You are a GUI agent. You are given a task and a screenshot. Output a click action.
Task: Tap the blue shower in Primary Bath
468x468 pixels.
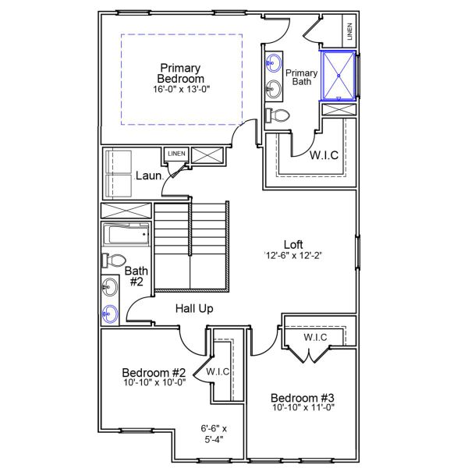click(x=338, y=76)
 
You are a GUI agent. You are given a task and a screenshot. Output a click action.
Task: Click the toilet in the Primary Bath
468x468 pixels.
click(x=278, y=115)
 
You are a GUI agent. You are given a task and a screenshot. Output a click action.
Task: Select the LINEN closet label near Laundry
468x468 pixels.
click(x=176, y=154)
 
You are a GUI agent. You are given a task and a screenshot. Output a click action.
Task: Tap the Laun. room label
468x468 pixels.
click(x=148, y=175)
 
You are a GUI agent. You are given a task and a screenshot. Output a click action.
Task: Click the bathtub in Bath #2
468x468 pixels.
click(x=126, y=235)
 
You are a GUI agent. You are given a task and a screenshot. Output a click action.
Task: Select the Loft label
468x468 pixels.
click(x=292, y=243)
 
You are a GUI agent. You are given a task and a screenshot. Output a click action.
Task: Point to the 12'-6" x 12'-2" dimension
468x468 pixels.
click(x=292, y=255)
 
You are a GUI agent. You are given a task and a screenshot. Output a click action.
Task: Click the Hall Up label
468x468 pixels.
click(x=194, y=309)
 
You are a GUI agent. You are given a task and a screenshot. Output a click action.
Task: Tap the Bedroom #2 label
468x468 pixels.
click(x=154, y=372)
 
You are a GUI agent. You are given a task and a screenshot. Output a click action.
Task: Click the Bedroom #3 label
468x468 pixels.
click(x=303, y=397)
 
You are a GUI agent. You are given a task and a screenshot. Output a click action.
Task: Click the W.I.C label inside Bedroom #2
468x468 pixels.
click(x=218, y=372)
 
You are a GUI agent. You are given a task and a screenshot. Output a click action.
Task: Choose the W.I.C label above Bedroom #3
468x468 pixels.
click(x=315, y=337)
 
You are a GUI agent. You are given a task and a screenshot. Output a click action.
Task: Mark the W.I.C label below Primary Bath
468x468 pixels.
click(x=324, y=155)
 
